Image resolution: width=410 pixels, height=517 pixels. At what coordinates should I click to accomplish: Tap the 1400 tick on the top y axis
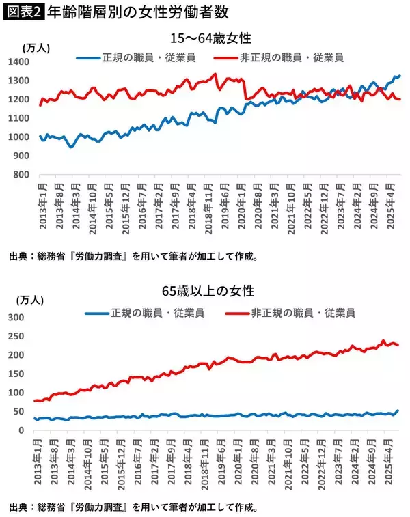pyautogui.click(x=20, y=62)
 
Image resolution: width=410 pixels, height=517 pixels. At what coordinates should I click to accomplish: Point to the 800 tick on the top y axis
pyautogui.click(x=23, y=175)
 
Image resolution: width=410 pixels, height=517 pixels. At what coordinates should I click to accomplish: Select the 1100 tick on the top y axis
pyautogui.click(x=20, y=118)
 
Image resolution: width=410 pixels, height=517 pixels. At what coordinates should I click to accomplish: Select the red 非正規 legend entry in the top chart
pyautogui.click(x=277, y=58)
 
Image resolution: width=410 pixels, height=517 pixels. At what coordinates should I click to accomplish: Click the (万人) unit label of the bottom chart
pyautogui.click(x=31, y=301)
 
